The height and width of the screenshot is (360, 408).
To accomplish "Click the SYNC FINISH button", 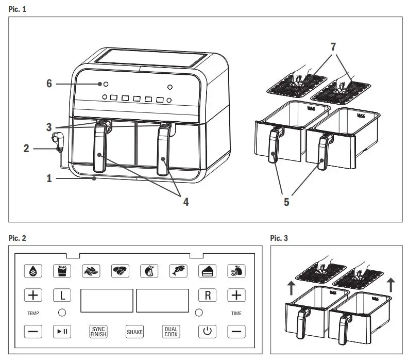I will tap(98, 331).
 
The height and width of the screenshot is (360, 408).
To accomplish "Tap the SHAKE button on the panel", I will tap(134, 332).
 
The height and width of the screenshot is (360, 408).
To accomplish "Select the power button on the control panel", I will tap(207, 331).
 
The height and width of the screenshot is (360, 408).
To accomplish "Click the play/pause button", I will tap(62, 331).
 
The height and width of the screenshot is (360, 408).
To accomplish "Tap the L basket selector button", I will tap(62, 296).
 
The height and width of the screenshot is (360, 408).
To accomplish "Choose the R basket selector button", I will tap(207, 296).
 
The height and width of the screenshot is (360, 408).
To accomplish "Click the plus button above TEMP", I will tap(33, 296).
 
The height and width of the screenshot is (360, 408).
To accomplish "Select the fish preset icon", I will tap(178, 271).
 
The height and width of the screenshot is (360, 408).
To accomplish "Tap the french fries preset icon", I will tap(62, 271).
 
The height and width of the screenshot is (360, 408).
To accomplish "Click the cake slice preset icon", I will tap(207, 271).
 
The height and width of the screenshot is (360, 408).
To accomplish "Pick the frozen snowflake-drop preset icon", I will tap(33, 271).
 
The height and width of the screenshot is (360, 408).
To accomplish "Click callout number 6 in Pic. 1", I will tap(49, 84).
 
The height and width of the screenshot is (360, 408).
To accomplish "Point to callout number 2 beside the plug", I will tap(26, 149).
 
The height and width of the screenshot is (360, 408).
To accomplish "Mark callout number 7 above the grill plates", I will tap(334, 46).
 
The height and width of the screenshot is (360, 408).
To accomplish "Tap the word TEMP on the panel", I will tap(33, 313).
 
